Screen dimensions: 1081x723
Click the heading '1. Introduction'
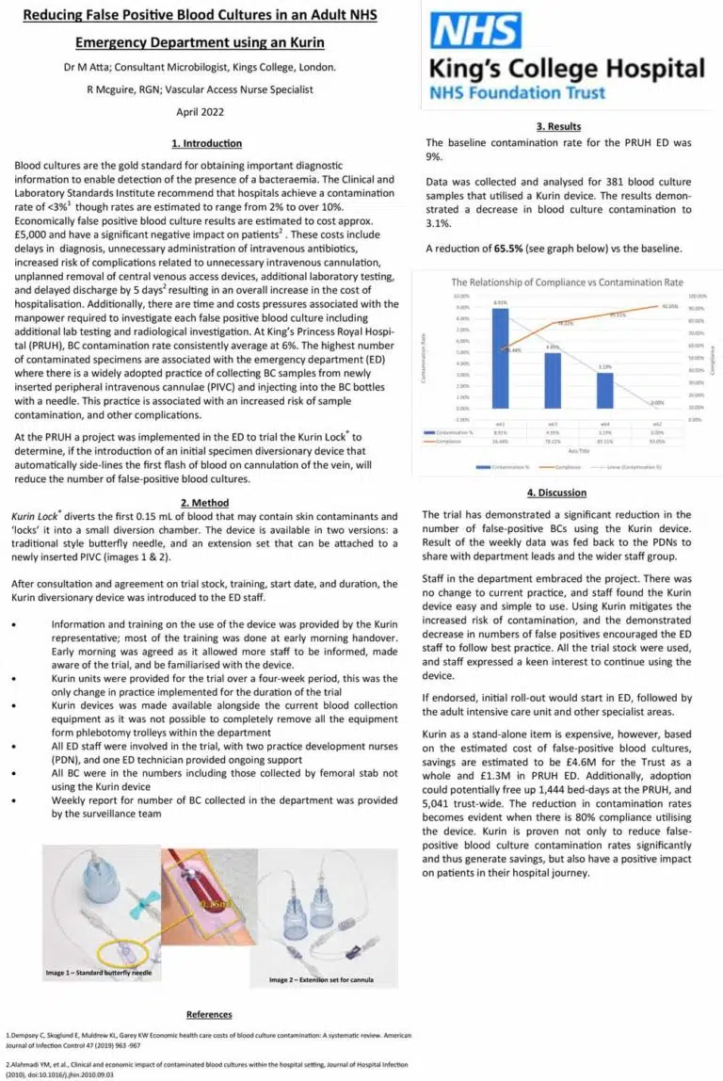click(207, 143)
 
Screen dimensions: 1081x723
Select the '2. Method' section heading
click(207, 503)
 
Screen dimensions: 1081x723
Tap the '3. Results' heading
click(558, 126)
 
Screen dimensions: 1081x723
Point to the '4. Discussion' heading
click(558, 492)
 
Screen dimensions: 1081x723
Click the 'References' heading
click(209, 1014)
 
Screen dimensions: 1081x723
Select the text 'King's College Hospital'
click(567, 69)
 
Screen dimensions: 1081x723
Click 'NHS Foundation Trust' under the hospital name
click(518, 93)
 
